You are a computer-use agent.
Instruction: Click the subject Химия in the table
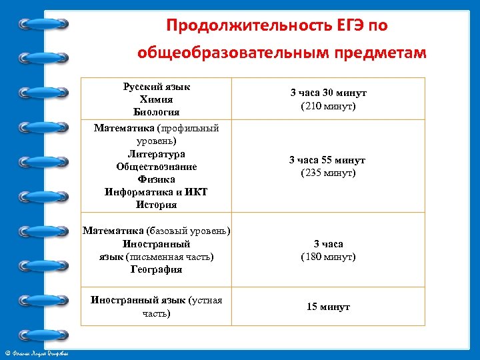[x=156, y=99]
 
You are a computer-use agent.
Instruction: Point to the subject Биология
[x=156, y=111]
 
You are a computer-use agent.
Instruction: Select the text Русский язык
[x=156, y=87]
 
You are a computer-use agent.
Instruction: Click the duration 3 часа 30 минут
[x=328, y=93]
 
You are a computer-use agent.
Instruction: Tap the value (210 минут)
[x=328, y=106]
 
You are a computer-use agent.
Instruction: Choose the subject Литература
[x=156, y=154]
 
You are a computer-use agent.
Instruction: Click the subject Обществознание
[x=156, y=167]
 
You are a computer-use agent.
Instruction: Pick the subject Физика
[x=156, y=179]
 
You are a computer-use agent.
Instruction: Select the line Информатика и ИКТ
[x=156, y=192]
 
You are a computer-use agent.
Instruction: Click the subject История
[x=156, y=205]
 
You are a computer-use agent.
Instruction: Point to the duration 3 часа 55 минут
[x=327, y=160]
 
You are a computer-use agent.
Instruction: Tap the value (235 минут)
[x=328, y=173]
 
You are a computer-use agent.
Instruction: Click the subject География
[x=156, y=269]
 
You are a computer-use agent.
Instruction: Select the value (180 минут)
[x=328, y=257]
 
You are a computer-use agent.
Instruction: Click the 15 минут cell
[x=328, y=307]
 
